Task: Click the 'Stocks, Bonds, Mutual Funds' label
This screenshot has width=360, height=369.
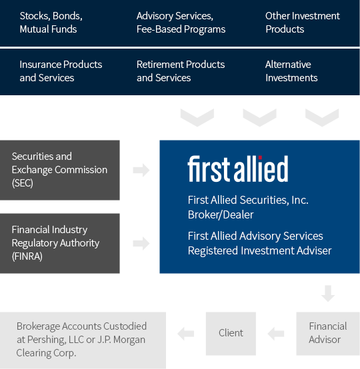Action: click(51, 23)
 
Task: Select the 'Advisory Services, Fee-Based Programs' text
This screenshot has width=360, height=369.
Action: click(181, 23)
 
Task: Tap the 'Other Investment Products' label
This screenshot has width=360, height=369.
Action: click(302, 23)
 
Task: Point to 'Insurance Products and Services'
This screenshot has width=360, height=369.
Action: click(61, 71)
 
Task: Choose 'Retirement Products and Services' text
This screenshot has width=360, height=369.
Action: click(181, 71)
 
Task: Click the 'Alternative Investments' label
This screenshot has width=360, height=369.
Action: click(291, 71)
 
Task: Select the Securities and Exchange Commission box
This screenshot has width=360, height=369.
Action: click(60, 170)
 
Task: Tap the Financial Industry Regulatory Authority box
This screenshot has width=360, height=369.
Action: click(60, 243)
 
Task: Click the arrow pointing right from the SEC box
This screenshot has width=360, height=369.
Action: click(141, 170)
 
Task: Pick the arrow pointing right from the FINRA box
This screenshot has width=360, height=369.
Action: click(141, 243)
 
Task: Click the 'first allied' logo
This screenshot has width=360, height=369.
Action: click(238, 169)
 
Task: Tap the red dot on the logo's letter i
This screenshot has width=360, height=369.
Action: click(260, 158)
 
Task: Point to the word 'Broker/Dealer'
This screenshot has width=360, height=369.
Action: click(221, 214)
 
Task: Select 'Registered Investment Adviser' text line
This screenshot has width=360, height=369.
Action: click(259, 250)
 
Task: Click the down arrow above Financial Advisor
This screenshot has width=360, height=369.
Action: click(328, 293)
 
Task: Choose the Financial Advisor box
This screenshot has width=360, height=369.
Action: click(328, 334)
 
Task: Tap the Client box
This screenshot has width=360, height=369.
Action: click(231, 334)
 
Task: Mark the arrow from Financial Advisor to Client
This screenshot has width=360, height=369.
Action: click(276, 334)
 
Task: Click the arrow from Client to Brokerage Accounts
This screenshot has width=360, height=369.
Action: click(185, 334)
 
